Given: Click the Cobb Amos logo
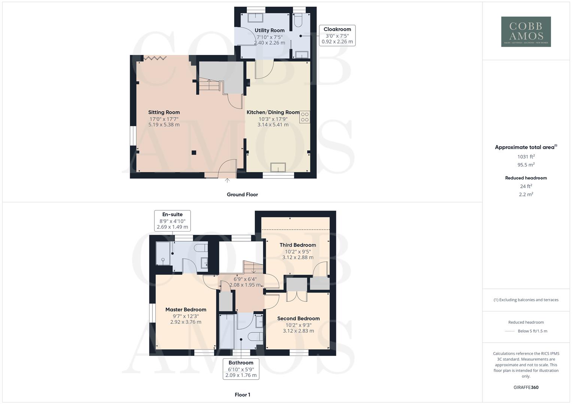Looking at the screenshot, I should click(526, 31).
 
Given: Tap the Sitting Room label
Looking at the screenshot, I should click(164, 112).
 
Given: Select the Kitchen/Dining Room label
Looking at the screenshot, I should click(273, 112).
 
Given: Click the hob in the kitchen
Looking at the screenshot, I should click(305, 117).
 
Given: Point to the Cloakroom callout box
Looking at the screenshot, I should click(337, 36).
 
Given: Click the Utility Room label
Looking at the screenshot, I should click(269, 30).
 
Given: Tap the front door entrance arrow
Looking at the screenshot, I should click(227, 181).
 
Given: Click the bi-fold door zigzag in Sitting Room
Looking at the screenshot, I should click(155, 58).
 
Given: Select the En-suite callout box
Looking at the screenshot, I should click(172, 221).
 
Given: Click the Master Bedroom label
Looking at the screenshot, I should click(186, 310).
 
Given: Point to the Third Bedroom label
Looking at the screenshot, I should click(298, 245).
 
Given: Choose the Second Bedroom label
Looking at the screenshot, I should click(298, 318).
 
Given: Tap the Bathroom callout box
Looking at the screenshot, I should click(241, 369).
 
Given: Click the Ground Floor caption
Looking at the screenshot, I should click(242, 195).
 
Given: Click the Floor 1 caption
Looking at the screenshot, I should click(242, 395).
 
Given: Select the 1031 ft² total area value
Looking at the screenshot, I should click(526, 157).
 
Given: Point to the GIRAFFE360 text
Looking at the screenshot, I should click(526, 387).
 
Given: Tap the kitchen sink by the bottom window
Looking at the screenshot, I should click(278, 167).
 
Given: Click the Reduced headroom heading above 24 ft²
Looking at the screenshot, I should click(526, 178).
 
